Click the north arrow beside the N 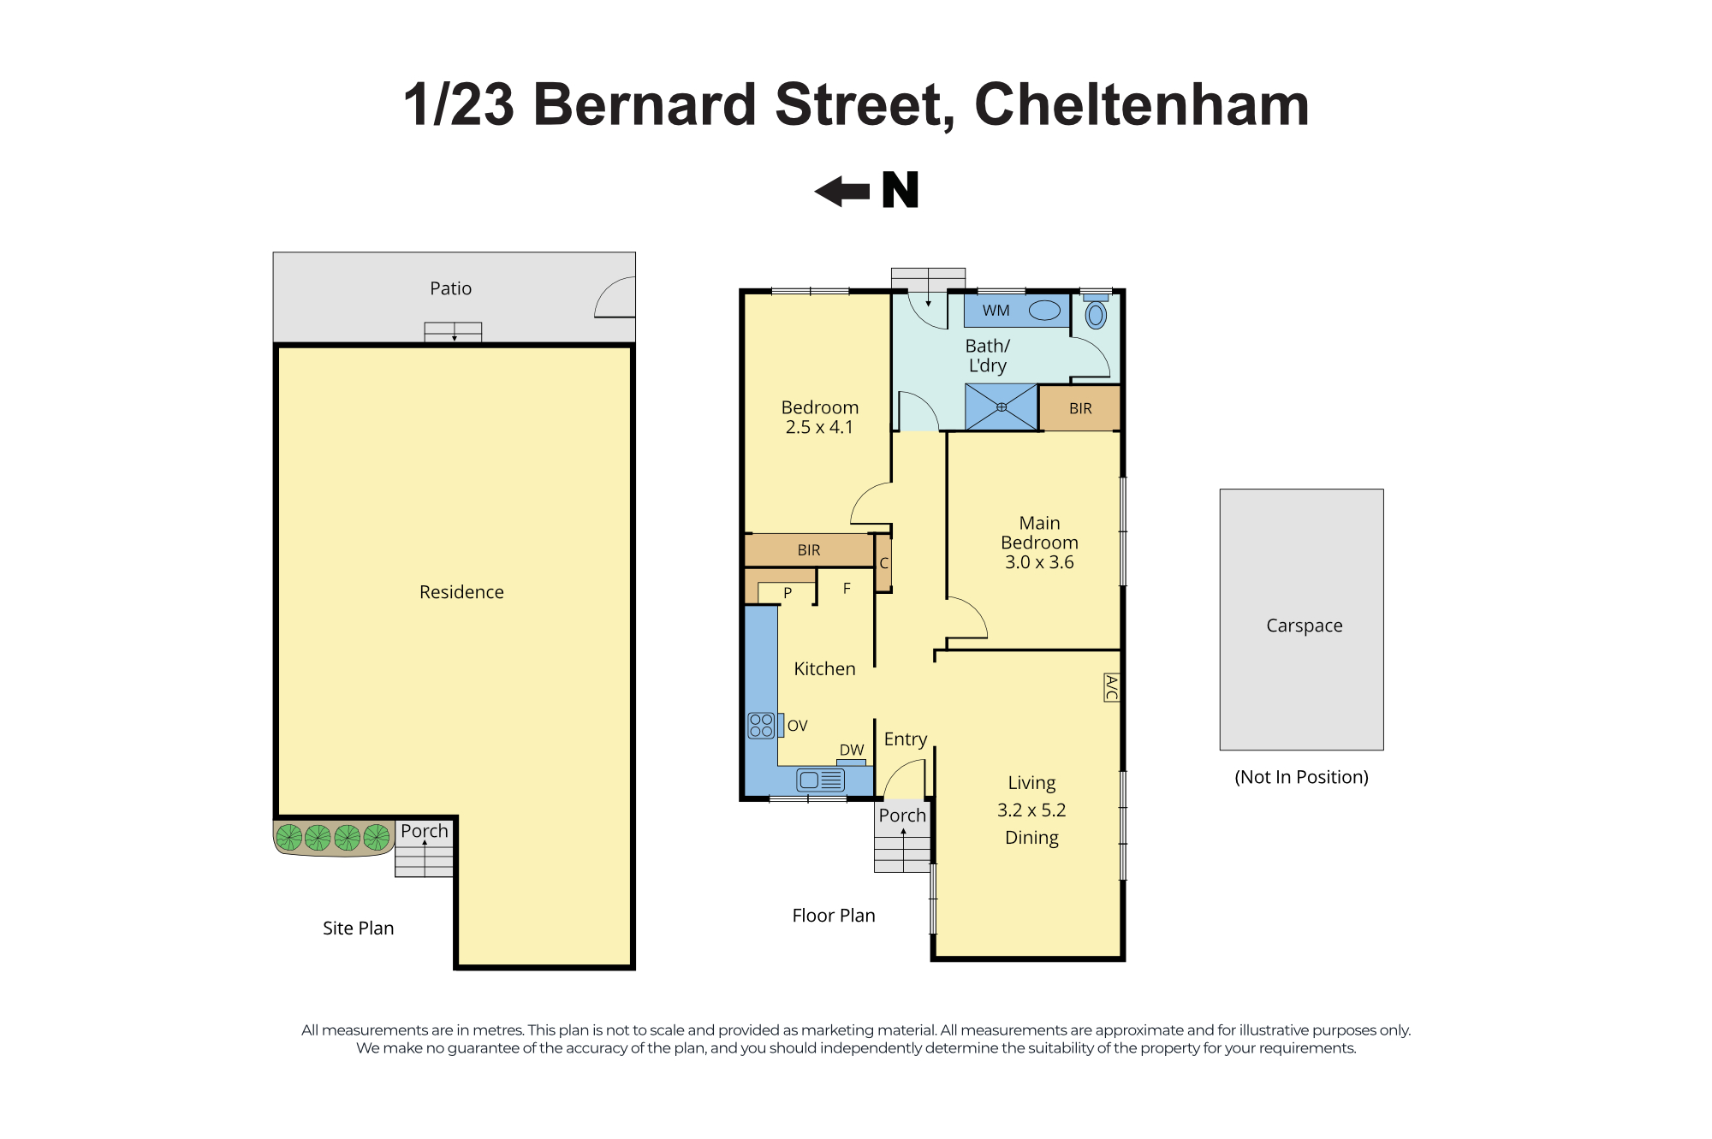click(841, 192)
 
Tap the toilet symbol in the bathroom click(1096, 311)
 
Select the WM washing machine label click(996, 311)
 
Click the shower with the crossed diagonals click(1002, 407)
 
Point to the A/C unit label click(1111, 687)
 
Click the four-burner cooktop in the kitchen click(761, 726)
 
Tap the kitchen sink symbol click(820, 780)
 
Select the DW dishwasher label click(851, 750)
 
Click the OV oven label click(797, 726)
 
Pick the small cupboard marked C click(883, 563)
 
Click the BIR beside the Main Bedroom click(1080, 408)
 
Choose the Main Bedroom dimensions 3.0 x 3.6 click(1039, 562)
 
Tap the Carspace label click(1304, 626)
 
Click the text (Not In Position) click(1301, 777)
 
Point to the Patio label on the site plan click(450, 288)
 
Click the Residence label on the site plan click(461, 592)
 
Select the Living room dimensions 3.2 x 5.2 click(1031, 810)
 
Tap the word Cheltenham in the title click(1142, 104)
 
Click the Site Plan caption click(358, 928)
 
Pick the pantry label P click(788, 592)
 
